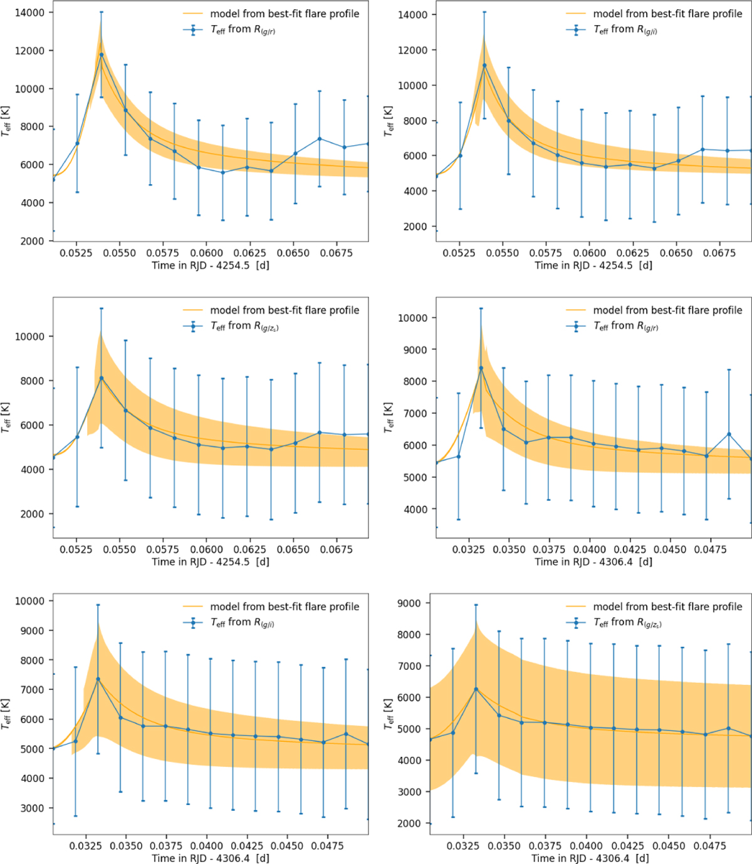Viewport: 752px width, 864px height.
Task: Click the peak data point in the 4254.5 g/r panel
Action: tap(101, 54)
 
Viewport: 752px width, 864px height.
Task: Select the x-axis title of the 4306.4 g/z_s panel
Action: tap(590, 858)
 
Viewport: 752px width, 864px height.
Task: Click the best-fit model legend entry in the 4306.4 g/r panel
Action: tap(667, 310)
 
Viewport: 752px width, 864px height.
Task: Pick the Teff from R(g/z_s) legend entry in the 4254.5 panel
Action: tap(244, 326)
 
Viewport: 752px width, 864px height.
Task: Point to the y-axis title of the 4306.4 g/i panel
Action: tap(6, 715)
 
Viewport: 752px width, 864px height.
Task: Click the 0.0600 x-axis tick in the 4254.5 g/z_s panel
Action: tap(206, 549)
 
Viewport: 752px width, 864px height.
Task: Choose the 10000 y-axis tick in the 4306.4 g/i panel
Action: tap(30, 601)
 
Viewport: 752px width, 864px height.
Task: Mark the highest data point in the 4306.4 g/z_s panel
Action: tap(476, 689)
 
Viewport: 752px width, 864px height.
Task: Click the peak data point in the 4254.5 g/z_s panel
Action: tap(101, 378)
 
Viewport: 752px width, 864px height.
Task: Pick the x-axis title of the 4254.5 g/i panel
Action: tap(593, 265)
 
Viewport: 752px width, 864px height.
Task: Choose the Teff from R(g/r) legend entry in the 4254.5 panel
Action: tap(243, 29)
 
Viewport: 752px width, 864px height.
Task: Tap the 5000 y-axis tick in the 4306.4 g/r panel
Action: tap(415, 477)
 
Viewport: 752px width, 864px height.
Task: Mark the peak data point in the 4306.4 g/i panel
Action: tap(98, 679)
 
